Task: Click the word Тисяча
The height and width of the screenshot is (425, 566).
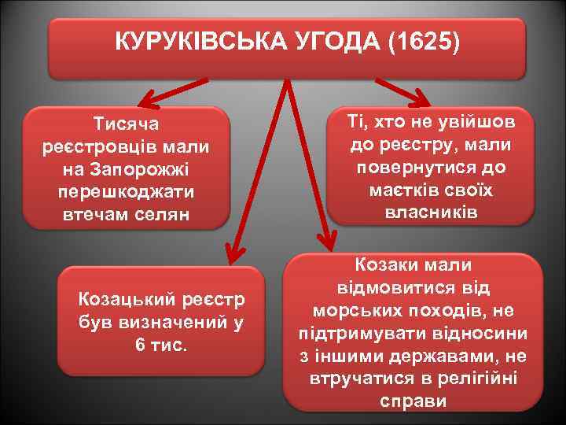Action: pyautogui.click(x=127, y=124)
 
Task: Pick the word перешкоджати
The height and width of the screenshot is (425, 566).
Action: pyautogui.click(x=127, y=192)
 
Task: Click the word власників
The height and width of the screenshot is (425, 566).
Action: pyautogui.click(x=432, y=213)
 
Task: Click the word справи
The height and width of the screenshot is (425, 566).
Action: pyautogui.click(x=413, y=401)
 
